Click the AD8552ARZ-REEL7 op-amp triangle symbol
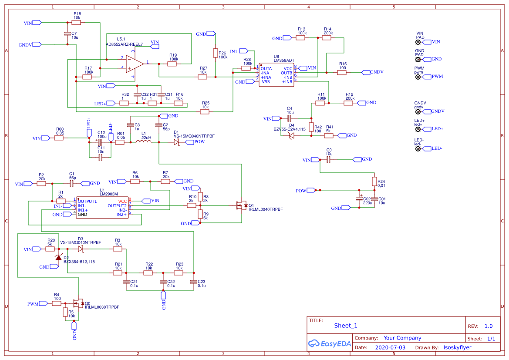135,64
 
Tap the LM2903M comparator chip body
102,207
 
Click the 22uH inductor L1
143,142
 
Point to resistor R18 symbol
77,23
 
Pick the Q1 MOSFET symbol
241,205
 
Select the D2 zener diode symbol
58,257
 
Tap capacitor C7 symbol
67,34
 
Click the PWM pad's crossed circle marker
418,77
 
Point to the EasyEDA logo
329,343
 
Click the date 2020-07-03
390,347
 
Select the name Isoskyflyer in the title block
457,347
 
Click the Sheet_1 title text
346,326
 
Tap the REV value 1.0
488,326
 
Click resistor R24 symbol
374,181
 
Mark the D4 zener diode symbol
291,135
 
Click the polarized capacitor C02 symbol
359,199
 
